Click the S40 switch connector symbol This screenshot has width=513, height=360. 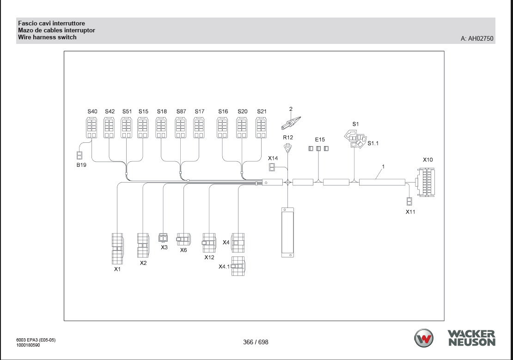[x=92, y=128]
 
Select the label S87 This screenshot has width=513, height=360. [x=181, y=111]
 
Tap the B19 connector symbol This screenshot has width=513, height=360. [x=79, y=155]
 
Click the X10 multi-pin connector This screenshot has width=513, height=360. [x=426, y=182]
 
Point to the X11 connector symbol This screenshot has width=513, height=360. [x=409, y=201]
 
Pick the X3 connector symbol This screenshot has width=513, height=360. [x=163, y=237]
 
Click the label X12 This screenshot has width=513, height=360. [x=209, y=257]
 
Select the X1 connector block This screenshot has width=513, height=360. [x=117, y=249]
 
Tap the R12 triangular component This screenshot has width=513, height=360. [x=287, y=148]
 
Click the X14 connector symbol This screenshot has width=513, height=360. [x=272, y=167]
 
